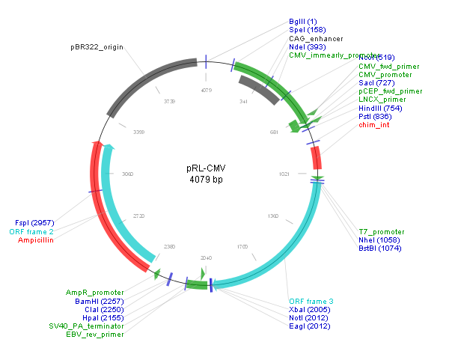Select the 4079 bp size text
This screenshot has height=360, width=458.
tap(206, 180)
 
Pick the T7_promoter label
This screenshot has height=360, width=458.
tap(382, 232)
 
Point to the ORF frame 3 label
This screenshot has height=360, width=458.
tap(311, 301)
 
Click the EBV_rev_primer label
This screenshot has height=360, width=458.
tap(94, 334)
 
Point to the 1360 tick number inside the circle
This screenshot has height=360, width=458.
tap(272, 216)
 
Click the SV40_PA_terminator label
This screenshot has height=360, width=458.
tap(86, 326)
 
